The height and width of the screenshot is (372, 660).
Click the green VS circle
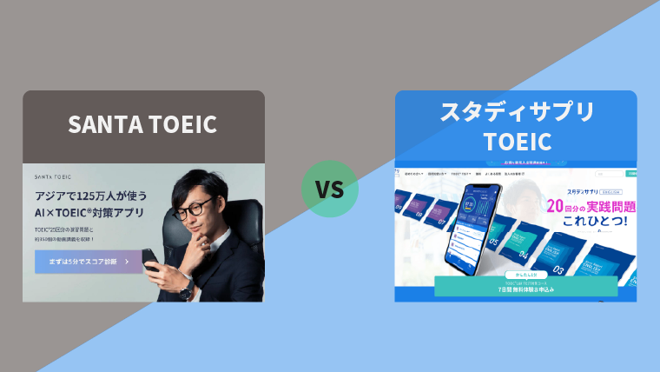point(329,189)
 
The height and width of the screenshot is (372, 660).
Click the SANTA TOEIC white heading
point(142,125)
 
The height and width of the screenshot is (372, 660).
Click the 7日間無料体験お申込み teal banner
point(525,288)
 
